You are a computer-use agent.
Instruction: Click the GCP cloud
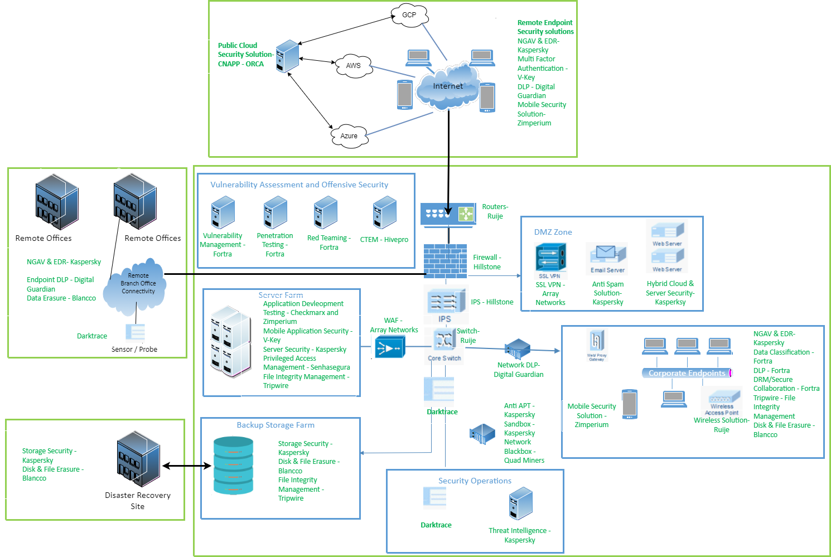[x=409, y=15]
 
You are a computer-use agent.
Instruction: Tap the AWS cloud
[x=353, y=65]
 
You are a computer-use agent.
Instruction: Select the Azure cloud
[x=349, y=135]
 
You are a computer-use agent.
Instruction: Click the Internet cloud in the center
[x=447, y=86]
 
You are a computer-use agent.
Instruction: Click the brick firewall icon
[x=445, y=260]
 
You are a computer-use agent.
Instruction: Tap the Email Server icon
[x=607, y=258]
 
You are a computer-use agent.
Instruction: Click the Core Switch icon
[x=444, y=346]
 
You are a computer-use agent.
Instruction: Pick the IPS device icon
[x=445, y=304]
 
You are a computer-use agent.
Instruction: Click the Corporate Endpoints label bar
[x=687, y=373]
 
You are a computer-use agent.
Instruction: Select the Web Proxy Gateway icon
[x=596, y=345]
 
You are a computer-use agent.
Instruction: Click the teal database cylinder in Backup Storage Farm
[x=233, y=466]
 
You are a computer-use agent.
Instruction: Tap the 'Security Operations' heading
[x=475, y=481]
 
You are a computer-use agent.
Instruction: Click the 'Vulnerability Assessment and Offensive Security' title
[x=299, y=185]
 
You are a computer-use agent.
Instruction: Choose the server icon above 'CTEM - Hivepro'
[x=384, y=214]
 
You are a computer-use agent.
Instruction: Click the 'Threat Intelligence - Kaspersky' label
[x=520, y=535]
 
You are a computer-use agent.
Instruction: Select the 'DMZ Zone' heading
[x=553, y=232]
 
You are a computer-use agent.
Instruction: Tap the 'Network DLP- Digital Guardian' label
[x=519, y=370]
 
